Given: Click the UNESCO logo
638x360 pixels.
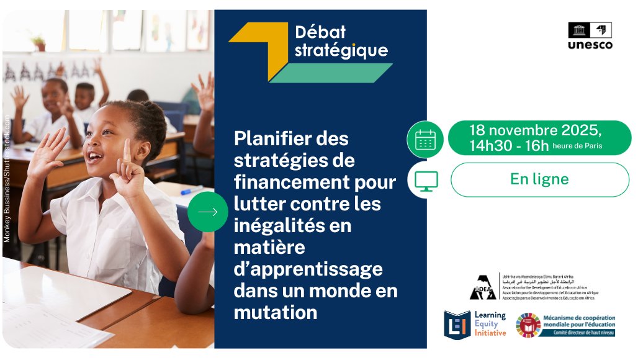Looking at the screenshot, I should click(590, 36).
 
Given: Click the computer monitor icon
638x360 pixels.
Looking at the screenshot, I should click(426, 180).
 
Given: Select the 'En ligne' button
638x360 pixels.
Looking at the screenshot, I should click(539, 179).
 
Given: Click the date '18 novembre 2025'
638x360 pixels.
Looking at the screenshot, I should click(535, 130).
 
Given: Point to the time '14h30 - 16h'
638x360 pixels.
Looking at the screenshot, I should click(509, 146).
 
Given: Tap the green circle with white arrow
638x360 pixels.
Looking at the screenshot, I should click(208, 212).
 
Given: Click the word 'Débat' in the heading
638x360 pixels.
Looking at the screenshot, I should click(320, 32).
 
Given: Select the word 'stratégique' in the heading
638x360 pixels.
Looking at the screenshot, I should click(341, 50).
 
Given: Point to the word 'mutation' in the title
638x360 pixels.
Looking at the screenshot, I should click(275, 312).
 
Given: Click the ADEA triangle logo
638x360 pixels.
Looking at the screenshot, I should click(483, 287).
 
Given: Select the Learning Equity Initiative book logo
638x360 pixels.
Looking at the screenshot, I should click(457, 324).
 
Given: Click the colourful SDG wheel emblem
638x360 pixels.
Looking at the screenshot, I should click(528, 325).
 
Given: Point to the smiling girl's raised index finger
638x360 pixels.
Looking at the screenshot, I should click(127, 151).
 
